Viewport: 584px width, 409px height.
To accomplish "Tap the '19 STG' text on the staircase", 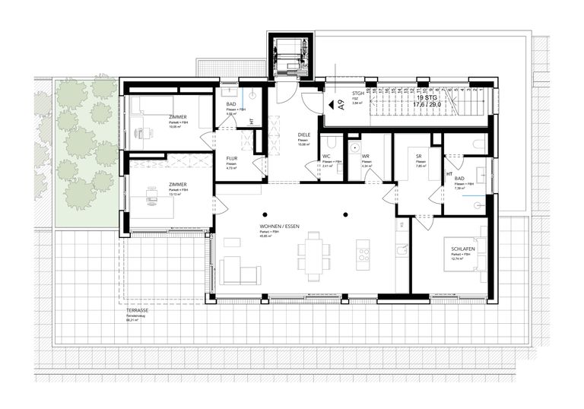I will click(x=427, y=98).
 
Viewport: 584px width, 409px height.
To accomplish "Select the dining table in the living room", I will click(x=314, y=255).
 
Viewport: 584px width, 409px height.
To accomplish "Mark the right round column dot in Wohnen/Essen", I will click(x=344, y=213).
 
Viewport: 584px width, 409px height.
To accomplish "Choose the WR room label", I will click(x=366, y=156).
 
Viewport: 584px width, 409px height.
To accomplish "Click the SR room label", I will click(x=418, y=156).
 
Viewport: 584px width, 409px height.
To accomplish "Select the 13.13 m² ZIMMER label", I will click(x=179, y=184).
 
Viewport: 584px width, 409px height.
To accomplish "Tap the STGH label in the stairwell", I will click(x=357, y=94).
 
